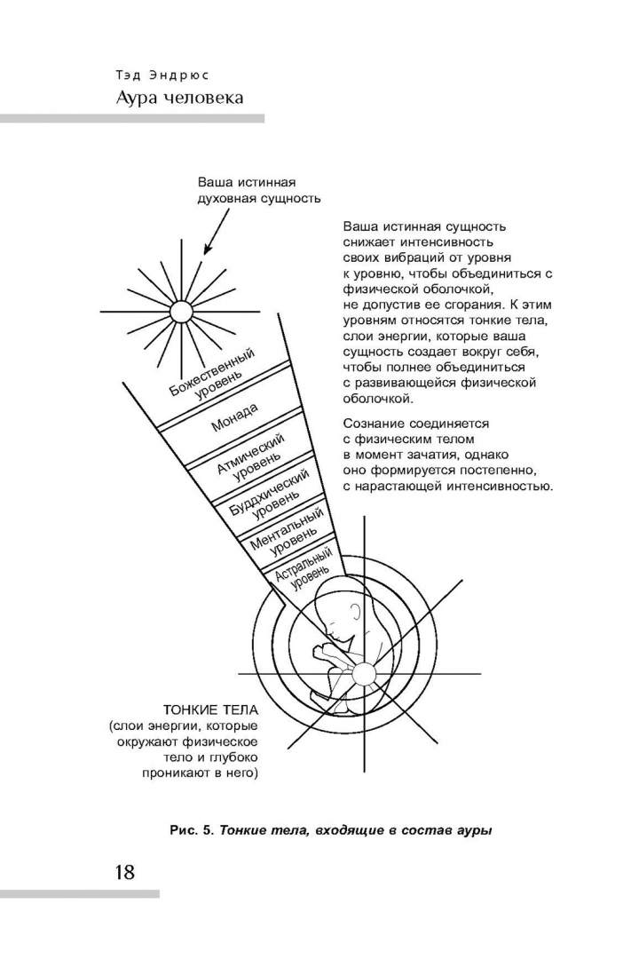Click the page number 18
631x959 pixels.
pyautogui.click(x=123, y=871)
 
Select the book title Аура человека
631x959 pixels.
pyautogui.click(x=179, y=97)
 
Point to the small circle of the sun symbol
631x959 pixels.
pyautogui.click(x=180, y=310)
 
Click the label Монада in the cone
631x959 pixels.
pyautogui.click(x=234, y=417)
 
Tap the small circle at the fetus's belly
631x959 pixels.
pyautogui.click(x=365, y=675)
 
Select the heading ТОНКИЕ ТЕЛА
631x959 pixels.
pyautogui.click(x=210, y=710)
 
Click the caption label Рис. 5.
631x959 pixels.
pyautogui.click(x=191, y=831)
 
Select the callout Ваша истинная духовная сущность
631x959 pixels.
pyautogui.click(x=258, y=190)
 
